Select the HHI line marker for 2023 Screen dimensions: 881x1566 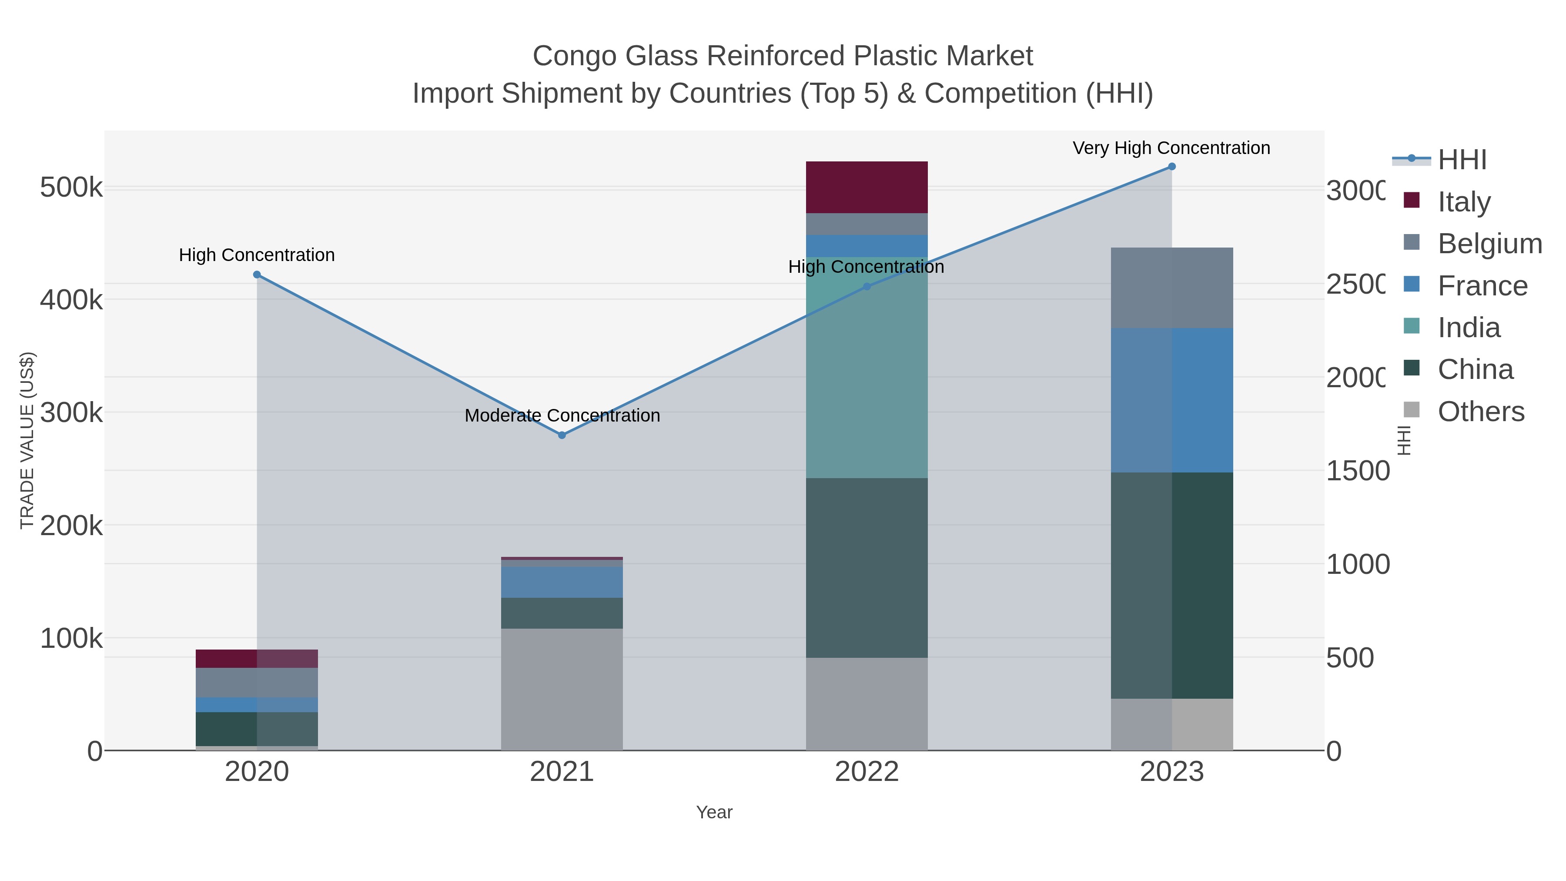point(1171,167)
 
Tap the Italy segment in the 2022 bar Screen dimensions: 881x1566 point(866,187)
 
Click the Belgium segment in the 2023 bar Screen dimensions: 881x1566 point(1171,288)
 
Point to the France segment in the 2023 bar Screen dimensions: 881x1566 point(1171,400)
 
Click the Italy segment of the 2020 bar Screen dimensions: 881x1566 point(257,659)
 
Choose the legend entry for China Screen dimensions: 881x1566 point(1475,370)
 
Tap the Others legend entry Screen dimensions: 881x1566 point(1480,412)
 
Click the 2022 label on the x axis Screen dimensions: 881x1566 point(866,772)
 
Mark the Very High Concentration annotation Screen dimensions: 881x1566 point(1171,148)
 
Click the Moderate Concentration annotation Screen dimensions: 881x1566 point(562,416)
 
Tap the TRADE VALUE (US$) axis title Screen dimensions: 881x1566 point(27,440)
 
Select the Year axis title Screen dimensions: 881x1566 point(714,812)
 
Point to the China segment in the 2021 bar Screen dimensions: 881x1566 point(562,613)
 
